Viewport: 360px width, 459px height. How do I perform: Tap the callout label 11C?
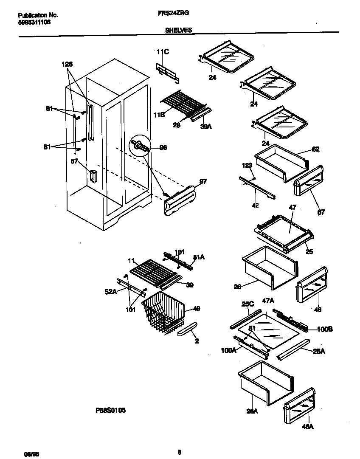point(163,52)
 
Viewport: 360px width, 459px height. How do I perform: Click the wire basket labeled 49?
point(163,312)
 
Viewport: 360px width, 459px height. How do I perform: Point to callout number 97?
point(203,182)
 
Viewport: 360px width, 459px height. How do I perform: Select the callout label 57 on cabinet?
point(74,162)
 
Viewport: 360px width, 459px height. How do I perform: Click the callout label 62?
point(315,149)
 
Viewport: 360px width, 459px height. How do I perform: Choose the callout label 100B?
point(313,329)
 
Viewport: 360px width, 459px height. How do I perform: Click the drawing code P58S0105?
point(110,411)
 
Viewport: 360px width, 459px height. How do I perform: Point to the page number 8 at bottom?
point(180,452)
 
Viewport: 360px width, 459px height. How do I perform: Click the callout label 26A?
point(252,410)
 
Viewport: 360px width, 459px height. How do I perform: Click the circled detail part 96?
point(140,146)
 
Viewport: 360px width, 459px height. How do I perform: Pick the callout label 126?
point(67,65)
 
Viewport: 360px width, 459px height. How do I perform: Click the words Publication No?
point(38,15)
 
